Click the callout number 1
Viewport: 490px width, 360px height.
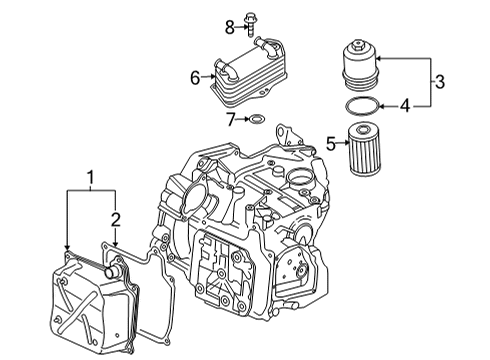click(x=91, y=178)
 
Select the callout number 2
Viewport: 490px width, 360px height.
click(x=115, y=220)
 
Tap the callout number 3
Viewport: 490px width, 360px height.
click(x=440, y=82)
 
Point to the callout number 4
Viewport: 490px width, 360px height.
click(x=405, y=106)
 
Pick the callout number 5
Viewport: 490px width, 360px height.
click(x=331, y=144)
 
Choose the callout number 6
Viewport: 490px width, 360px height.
click(x=195, y=78)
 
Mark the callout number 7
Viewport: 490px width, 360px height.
click(x=231, y=119)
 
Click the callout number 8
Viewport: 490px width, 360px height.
click(x=230, y=27)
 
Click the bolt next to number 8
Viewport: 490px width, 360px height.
click(x=250, y=24)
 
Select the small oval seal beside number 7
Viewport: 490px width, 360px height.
click(x=256, y=118)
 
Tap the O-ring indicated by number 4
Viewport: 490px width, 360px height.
click(x=362, y=106)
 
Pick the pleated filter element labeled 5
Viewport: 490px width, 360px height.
click(x=364, y=148)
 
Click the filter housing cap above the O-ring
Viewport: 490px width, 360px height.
click(x=361, y=65)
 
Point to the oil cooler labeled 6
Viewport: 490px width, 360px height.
click(x=247, y=72)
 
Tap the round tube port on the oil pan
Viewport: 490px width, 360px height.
click(x=111, y=271)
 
